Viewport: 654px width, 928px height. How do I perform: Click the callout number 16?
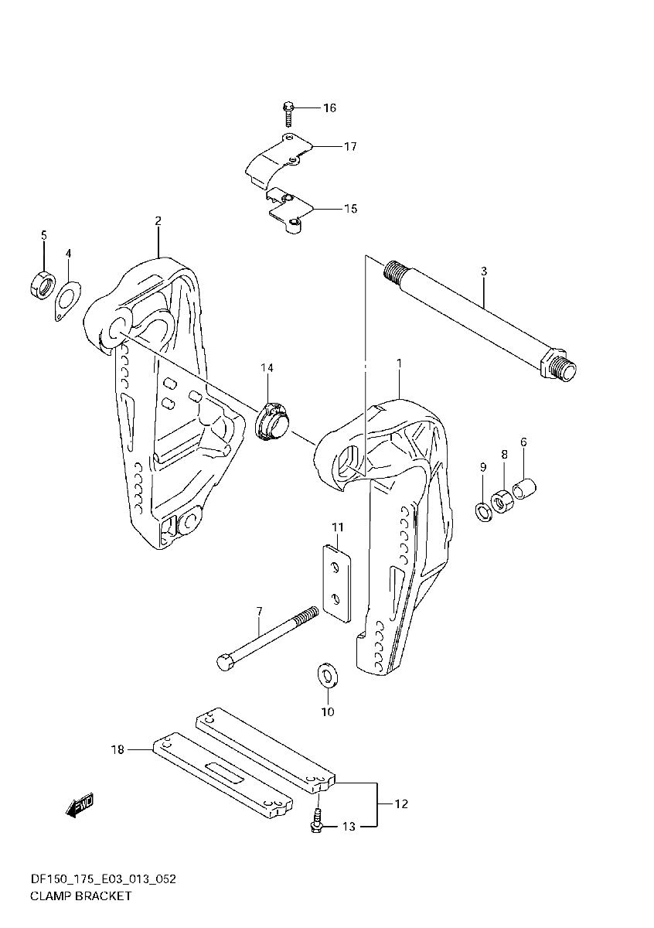(x=329, y=107)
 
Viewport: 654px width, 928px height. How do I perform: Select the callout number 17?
(x=350, y=146)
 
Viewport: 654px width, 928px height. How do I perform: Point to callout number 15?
(x=350, y=209)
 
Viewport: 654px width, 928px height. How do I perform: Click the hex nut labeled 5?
(x=41, y=285)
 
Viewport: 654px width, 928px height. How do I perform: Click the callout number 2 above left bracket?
(x=158, y=221)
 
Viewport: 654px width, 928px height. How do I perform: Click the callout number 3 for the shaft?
(x=483, y=271)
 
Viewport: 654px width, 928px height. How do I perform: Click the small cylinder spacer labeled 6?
(x=525, y=489)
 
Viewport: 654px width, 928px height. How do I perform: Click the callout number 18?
(x=118, y=749)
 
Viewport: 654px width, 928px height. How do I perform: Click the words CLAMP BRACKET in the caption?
(x=80, y=896)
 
